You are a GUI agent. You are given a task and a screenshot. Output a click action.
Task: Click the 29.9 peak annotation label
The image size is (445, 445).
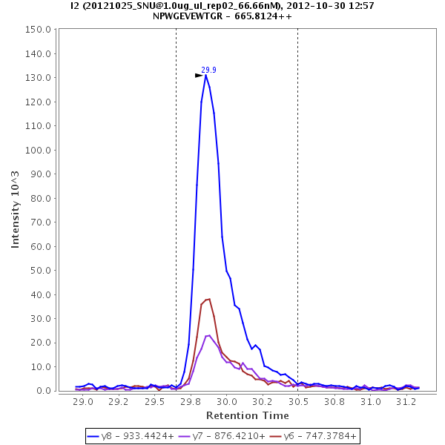point(208,70)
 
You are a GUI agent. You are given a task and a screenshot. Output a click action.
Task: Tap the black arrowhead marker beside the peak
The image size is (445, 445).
point(199,75)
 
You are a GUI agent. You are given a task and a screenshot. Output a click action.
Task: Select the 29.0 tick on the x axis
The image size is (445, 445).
point(84,403)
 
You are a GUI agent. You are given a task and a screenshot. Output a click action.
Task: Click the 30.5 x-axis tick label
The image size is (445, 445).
point(298,403)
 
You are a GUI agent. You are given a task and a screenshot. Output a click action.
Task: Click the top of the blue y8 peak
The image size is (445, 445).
point(205,75)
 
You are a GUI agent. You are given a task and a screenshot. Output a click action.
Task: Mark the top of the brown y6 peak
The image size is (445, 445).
point(209,299)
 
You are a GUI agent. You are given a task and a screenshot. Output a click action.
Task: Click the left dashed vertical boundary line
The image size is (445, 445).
point(176,208)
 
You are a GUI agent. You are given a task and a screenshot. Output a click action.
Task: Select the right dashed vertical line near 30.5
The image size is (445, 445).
point(297,208)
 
